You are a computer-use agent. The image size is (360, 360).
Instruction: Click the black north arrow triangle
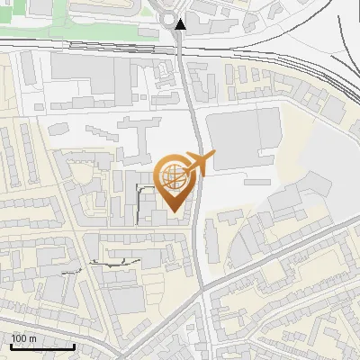[180, 24]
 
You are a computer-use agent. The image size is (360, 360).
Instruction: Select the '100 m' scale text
[24, 338]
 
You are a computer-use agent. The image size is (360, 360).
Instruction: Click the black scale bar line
[41, 346]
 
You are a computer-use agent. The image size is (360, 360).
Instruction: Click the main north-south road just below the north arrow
[183, 54]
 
